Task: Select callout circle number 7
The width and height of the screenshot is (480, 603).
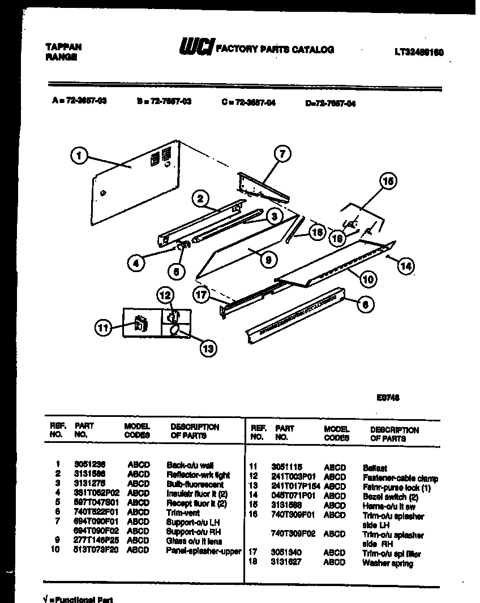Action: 282,153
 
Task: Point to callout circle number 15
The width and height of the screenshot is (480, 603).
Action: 388,182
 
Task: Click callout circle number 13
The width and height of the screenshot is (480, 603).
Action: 208,348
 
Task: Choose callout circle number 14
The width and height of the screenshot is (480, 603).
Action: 405,265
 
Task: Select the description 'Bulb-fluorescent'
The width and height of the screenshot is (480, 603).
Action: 195,485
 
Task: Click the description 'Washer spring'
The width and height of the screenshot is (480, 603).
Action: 387,563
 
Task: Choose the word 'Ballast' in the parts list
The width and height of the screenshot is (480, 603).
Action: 375,468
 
